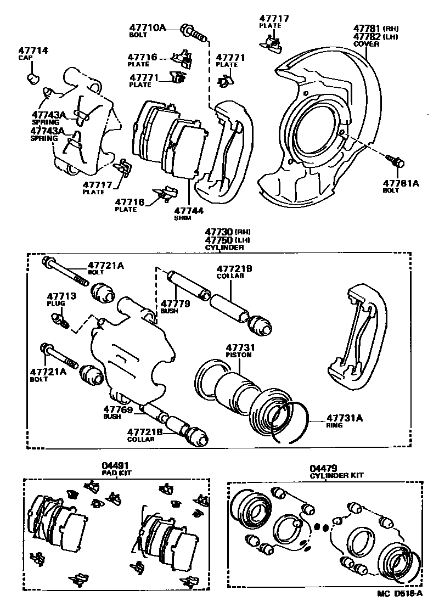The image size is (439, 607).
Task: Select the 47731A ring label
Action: tap(345, 417)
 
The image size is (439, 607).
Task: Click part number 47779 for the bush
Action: tap(175, 303)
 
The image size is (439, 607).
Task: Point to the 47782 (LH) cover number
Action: tap(367, 36)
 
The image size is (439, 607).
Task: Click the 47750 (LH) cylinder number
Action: tap(217, 240)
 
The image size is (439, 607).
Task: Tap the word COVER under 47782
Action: tap(366, 44)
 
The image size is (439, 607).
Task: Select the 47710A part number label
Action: tap(147, 26)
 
